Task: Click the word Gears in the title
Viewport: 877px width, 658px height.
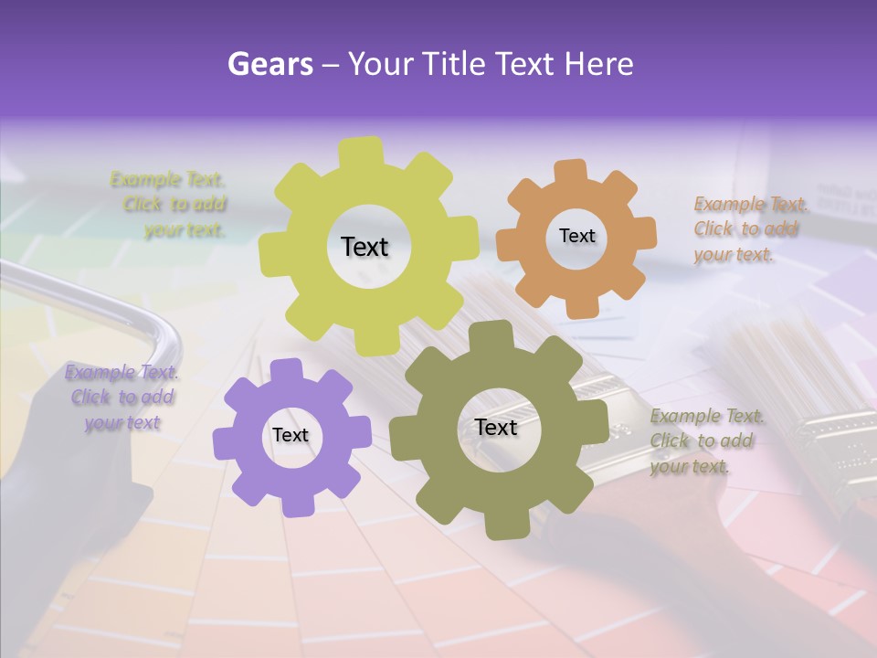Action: [270, 64]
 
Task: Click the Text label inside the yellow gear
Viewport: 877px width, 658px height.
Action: [365, 247]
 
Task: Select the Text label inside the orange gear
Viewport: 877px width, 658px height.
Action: [576, 236]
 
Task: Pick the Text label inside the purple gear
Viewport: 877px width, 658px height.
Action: [291, 435]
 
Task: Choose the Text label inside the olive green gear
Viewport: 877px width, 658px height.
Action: [496, 427]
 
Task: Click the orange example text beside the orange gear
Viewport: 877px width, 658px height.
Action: [750, 228]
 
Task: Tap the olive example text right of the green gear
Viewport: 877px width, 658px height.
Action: [706, 441]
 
